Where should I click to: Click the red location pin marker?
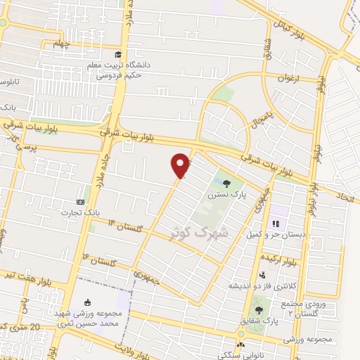click(181, 165)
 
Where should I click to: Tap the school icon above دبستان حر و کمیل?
click(276, 224)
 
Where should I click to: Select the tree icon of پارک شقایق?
click(260, 309)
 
